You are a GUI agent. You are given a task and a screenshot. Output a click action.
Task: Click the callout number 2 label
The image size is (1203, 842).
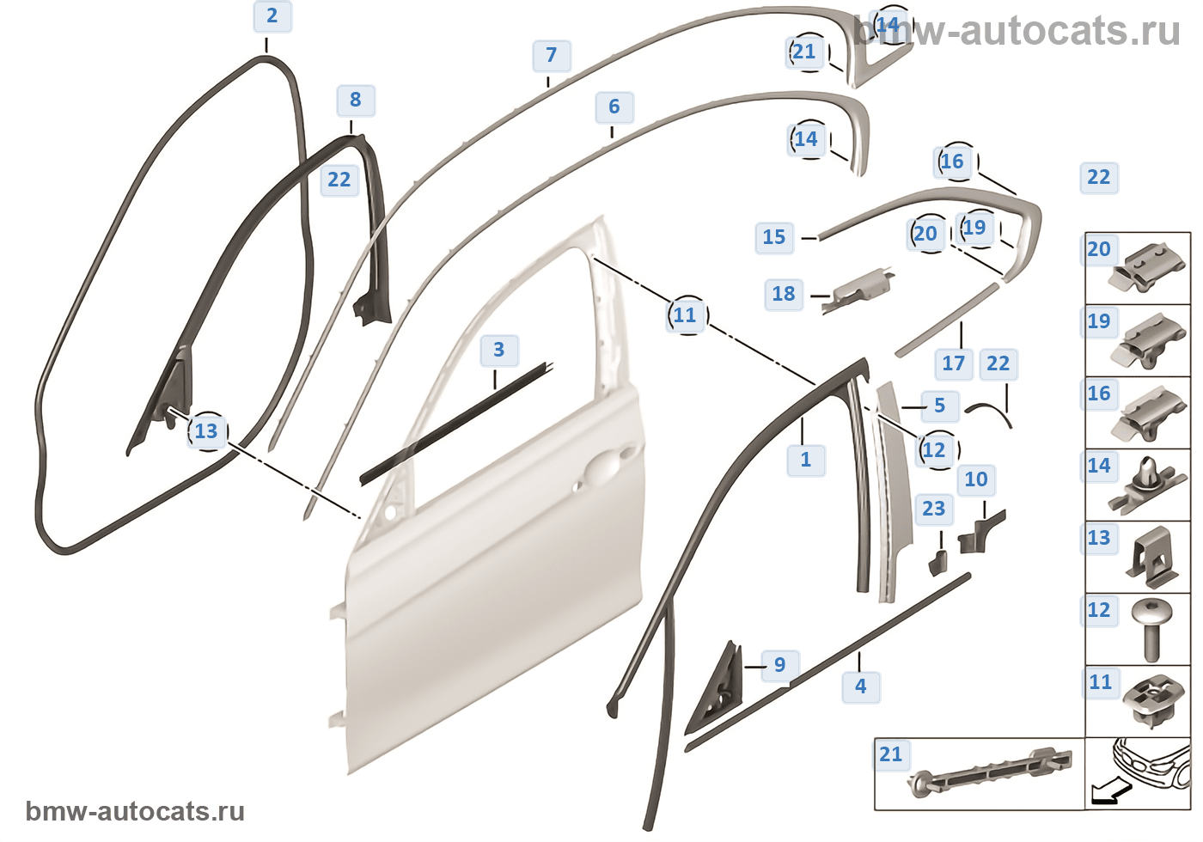(x=272, y=16)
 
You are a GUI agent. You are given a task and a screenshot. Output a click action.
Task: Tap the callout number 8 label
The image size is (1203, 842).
(x=356, y=101)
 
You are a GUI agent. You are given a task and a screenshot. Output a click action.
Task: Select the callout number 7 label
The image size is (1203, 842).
(x=552, y=56)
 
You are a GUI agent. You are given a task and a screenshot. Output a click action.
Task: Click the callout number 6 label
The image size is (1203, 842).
(x=614, y=107)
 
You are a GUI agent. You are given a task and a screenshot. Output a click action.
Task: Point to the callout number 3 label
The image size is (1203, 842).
(x=499, y=351)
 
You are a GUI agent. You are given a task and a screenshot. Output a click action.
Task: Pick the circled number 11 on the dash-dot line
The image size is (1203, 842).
(x=686, y=315)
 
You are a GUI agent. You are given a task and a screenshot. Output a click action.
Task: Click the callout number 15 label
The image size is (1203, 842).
(x=774, y=237)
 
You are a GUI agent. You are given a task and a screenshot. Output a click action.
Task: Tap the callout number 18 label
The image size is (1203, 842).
(x=784, y=294)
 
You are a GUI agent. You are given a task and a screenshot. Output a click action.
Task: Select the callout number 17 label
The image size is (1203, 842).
(x=954, y=363)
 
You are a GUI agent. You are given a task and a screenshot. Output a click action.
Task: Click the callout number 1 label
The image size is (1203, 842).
(x=806, y=460)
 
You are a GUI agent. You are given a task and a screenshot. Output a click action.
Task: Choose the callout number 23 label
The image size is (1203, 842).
(x=934, y=509)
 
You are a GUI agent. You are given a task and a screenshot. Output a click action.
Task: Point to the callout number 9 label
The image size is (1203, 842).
(x=780, y=665)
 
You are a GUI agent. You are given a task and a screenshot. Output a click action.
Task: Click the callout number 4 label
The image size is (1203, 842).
(x=861, y=686)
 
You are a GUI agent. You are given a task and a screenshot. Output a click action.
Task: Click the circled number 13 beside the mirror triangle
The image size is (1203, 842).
(x=207, y=431)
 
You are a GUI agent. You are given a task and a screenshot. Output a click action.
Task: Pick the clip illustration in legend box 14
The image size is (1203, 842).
(x=1147, y=485)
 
